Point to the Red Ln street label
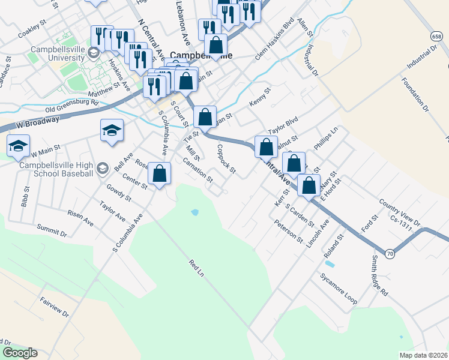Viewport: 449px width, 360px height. point(197,268)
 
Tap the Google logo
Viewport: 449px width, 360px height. point(19,353)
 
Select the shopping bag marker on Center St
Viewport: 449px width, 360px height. point(159,175)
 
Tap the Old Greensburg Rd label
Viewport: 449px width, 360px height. point(71,106)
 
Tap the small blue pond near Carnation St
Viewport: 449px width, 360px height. point(194,212)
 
